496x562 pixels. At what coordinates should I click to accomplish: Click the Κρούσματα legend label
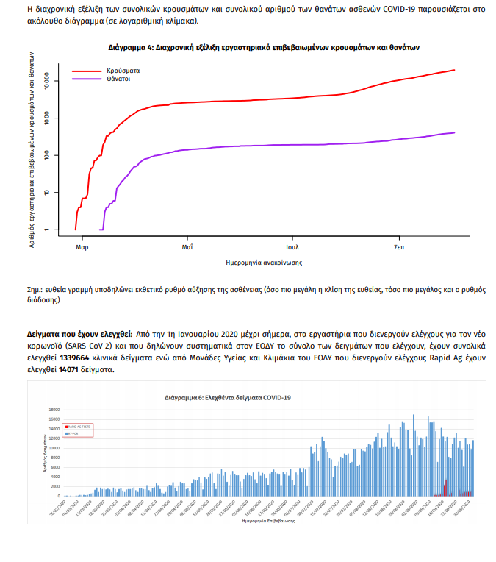123,71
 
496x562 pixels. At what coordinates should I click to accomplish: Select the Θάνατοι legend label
119,78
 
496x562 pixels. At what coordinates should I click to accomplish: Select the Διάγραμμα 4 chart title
264,46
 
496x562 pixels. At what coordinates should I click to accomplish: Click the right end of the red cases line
455,70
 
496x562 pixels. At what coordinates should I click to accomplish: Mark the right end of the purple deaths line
455,133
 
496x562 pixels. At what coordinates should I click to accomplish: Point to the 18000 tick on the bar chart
53,410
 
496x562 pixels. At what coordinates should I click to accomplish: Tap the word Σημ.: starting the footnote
34,289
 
